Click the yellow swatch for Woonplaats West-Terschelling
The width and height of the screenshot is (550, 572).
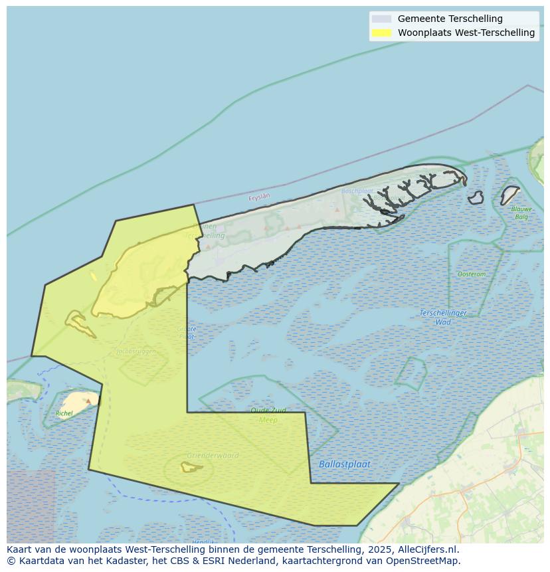click(x=381, y=33)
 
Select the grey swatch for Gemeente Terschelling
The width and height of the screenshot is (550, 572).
click(x=381, y=19)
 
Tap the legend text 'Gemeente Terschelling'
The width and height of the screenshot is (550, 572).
click(x=450, y=19)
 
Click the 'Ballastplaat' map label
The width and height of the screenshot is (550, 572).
click(x=345, y=464)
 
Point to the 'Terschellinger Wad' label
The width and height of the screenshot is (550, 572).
click(x=443, y=318)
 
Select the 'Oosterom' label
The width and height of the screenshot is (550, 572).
click(x=472, y=274)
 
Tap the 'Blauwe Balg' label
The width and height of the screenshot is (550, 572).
click(x=521, y=213)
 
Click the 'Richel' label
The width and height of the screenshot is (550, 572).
click(x=64, y=414)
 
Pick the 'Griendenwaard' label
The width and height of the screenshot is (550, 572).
click(x=213, y=456)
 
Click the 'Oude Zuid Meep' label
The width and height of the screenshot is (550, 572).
click(x=268, y=415)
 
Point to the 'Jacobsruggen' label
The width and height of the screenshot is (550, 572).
click(x=136, y=351)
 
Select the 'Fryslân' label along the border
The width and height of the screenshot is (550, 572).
click(x=260, y=197)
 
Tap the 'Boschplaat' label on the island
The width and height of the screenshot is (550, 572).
click(x=357, y=191)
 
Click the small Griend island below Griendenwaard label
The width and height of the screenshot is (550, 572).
click(x=191, y=467)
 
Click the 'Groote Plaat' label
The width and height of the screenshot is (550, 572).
click(x=187, y=333)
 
